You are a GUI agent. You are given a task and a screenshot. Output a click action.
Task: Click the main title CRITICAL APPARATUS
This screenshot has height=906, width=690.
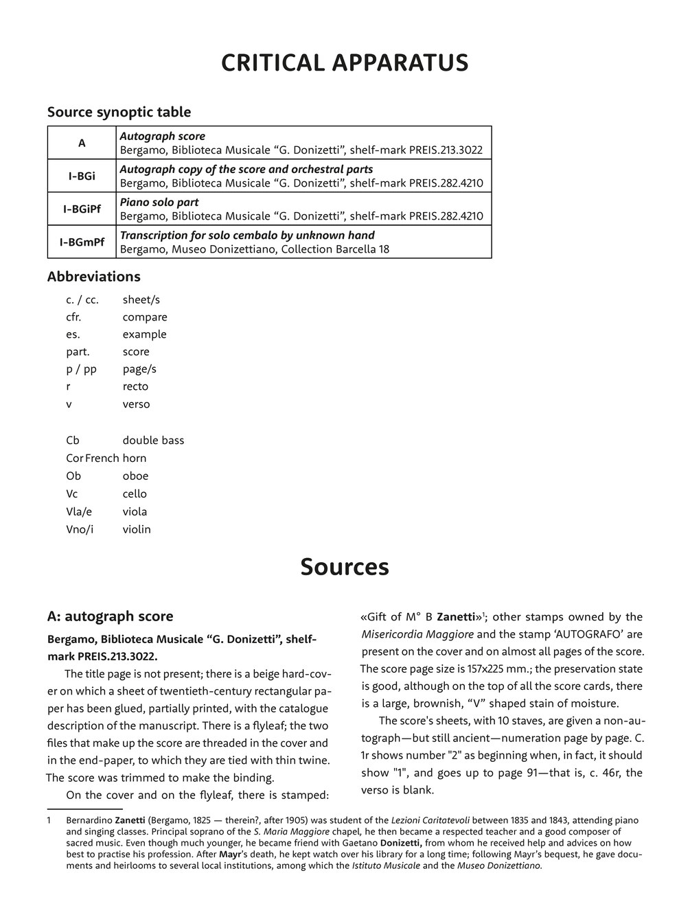point(345,63)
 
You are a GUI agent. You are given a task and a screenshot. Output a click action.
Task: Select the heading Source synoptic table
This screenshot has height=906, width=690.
point(119,112)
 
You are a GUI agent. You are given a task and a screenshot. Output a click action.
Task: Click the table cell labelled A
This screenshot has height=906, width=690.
point(82,143)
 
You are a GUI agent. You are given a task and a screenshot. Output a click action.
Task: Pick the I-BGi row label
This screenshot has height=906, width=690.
point(82,176)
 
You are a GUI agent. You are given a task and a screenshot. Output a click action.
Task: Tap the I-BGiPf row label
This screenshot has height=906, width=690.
point(82,209)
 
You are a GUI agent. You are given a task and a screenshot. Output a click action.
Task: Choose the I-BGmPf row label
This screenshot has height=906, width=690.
point(82,242)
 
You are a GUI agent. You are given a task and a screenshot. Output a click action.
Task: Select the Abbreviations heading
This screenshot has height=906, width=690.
point(93,277)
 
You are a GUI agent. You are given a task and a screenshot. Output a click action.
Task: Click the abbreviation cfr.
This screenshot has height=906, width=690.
point(73,317)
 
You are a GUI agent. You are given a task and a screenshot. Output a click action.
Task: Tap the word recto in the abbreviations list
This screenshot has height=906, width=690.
point(135,386)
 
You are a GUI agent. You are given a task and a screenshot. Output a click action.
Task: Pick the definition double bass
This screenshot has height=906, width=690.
point(153,440)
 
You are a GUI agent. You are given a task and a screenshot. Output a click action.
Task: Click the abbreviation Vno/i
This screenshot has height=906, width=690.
point(80,529)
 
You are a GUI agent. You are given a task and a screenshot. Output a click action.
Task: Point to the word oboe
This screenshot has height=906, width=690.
point(135,476)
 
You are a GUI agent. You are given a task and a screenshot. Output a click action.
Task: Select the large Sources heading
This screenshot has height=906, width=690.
point(345,567)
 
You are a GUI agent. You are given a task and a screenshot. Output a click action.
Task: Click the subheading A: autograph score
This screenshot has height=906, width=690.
point(110,616)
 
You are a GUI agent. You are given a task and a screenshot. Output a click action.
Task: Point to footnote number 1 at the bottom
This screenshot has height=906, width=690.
point(49,820)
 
